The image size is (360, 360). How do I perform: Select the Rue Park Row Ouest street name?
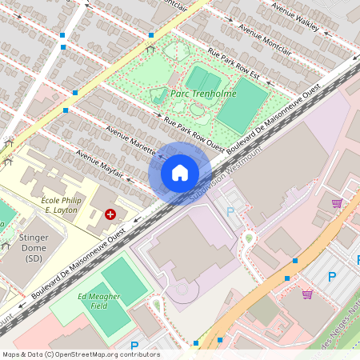click(194, 132)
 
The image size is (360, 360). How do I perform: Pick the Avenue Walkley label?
click(295, 17)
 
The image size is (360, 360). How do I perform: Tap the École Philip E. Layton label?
click(62, 206)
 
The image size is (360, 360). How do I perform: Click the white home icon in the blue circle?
click(180, 173)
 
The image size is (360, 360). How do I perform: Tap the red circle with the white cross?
click(110, 214)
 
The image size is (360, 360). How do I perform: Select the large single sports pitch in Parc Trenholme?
click(242, 106)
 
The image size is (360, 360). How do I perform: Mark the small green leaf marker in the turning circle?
click(249, 238)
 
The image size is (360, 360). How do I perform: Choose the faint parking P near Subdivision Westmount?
click(231, 212)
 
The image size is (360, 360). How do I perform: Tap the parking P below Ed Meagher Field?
click(134, 347)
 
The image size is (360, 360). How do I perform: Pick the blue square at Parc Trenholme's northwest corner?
click(150, 34)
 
